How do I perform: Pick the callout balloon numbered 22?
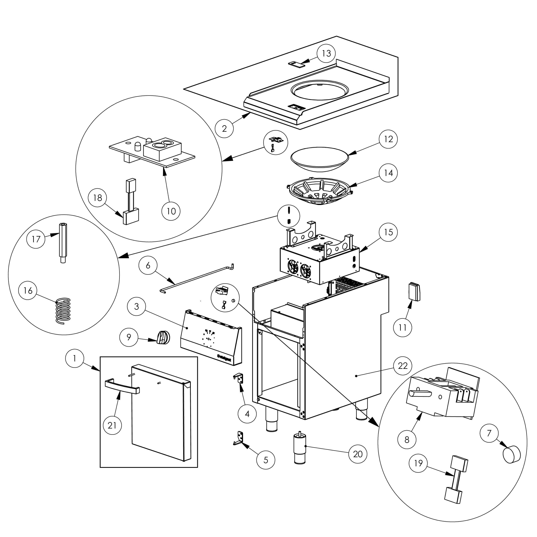click(x=402, y=366)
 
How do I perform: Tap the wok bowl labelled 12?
click(x=320, y=159)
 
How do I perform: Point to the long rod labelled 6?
click(x=197, y=276)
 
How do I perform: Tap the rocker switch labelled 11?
click(x=414, y=292)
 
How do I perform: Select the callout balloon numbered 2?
click(x=224, y=128)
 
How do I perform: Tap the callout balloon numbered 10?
click(x=171, y=211)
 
